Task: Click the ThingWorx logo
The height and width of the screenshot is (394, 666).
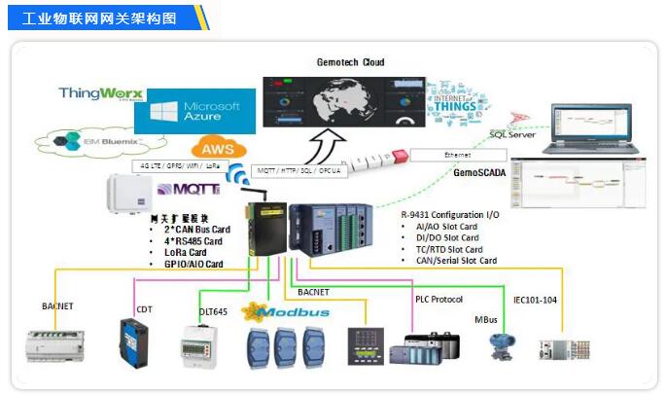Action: (100, 94)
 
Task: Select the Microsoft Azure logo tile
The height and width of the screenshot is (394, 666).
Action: (194, 111)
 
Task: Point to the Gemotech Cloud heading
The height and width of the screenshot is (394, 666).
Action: (350, 61)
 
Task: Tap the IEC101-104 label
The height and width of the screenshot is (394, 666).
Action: (536, 300)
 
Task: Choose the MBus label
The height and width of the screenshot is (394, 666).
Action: (486, 318)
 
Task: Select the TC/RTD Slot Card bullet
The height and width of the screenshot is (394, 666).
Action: (446, 249)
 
